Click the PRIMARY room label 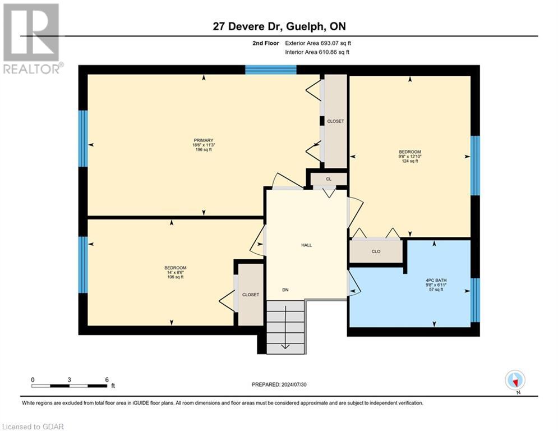[204, 140]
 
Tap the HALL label [306, 245]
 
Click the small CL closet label [329, 179]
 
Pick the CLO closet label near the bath [376, 251]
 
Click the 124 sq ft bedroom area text [409, 161]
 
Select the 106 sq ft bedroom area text [175, 277]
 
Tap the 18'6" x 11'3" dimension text [204, 145]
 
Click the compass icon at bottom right [514, 380]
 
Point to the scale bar [70, 386]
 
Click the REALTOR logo [31, 38]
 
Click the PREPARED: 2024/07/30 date [279, 384]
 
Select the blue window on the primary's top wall [271, 70]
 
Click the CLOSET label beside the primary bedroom [335, 121]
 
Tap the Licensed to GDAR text [33, 427]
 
